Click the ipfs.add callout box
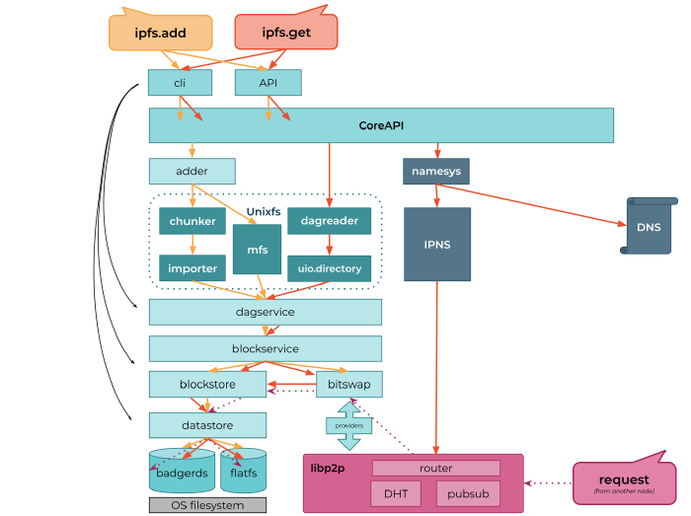click(x=160, y=33)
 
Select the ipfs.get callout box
click(x=285, y=33)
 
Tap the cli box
click(x=180, y=83)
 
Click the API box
click(x=268, y=83)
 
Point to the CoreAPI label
click(x=381, y=126)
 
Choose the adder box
click(x=192, y=172)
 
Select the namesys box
click(x=436, y=172)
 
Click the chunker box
click(x=192, y=221)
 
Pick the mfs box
click(x=257, y=251)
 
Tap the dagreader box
click(x=329, y=221)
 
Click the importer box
click(x=192, y=267)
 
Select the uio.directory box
click(x=329, y=267)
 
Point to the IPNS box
click(x=436, y=245)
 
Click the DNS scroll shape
click(x=649, y=227)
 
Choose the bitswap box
click(x=348, y=384)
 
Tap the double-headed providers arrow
click(x=348, y=425)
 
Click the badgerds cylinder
click(x=182, y=472)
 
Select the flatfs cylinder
click(x=243, y=472)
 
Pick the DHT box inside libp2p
click(x=396, y=493)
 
